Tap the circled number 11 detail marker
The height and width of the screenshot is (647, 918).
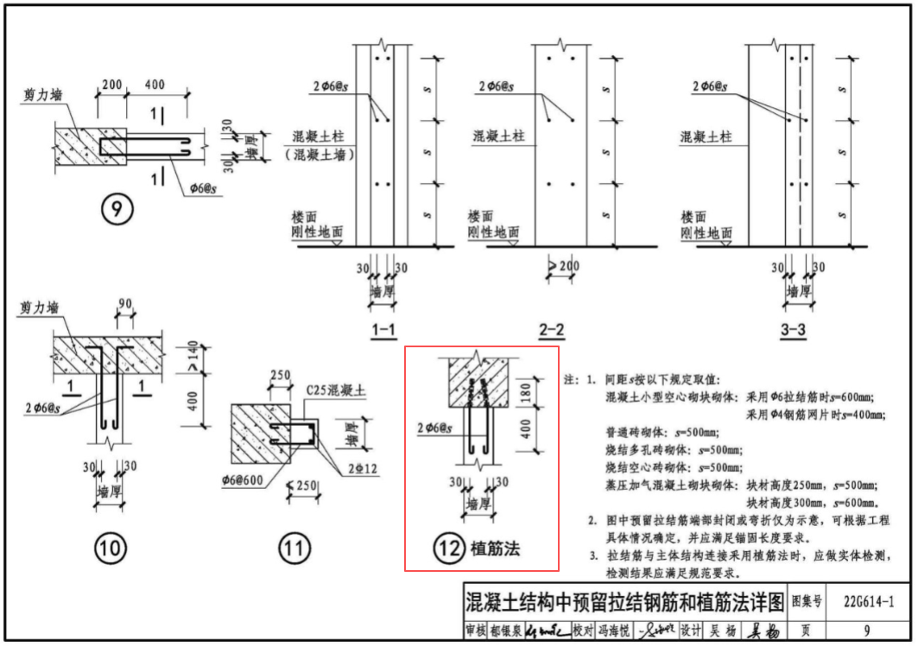[x=291, y=547]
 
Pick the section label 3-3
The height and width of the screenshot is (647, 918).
[x=797, y=329]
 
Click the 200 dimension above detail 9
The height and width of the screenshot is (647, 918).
[x=111, y=84]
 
